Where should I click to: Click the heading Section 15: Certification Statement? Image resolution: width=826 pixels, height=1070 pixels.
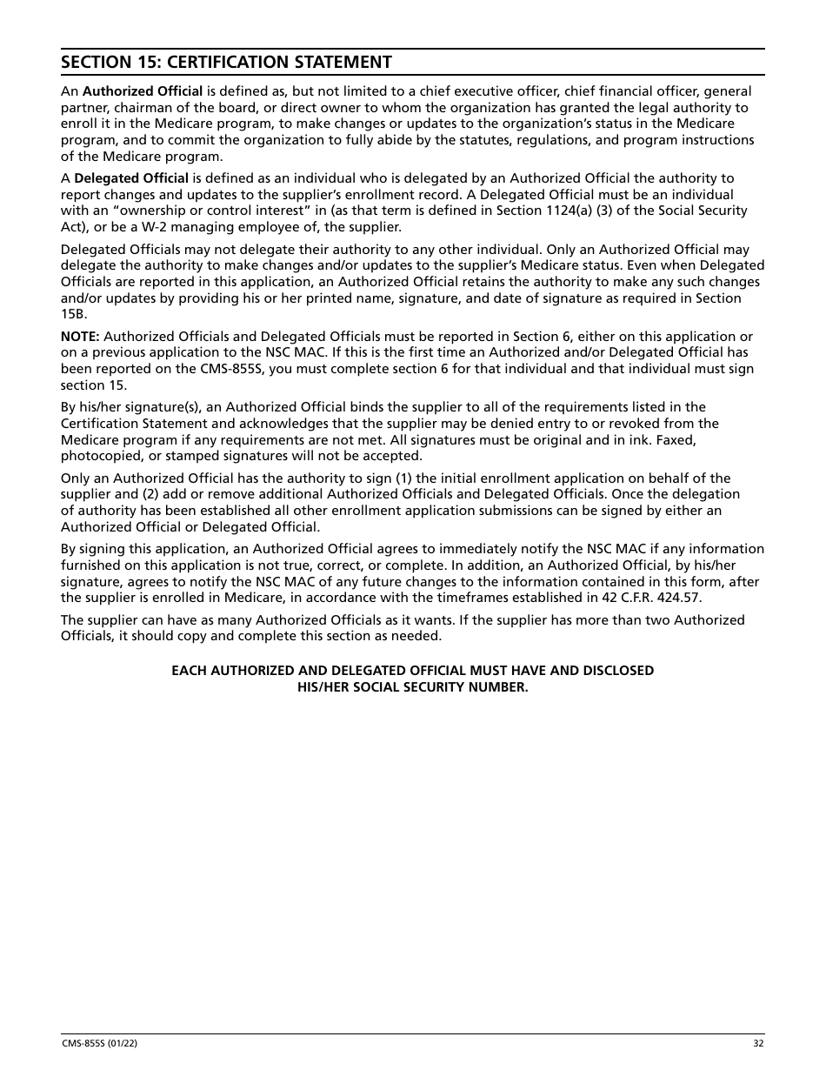point(226,62)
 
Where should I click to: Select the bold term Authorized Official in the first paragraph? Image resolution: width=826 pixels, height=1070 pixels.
point(143,91)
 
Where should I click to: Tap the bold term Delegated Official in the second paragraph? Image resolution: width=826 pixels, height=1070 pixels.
point(131,178)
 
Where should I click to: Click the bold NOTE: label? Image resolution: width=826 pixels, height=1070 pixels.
point(80,337)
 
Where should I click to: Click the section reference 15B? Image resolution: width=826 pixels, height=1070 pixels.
point(74,314)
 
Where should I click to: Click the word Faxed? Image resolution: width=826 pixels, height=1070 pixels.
point(676,440)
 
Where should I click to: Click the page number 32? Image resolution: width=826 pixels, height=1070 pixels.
point(758,1044)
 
